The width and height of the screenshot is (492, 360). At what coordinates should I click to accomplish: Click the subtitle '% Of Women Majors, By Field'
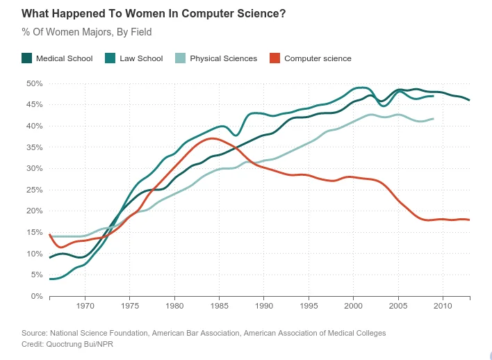click(x=86, y=32)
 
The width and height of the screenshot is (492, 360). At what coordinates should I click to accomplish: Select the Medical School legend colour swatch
click(x=27, y=58)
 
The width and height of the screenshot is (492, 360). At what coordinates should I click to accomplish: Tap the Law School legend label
click(x=142, y=58)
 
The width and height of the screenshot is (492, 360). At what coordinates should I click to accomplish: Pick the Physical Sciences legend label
click(x=223, y=58)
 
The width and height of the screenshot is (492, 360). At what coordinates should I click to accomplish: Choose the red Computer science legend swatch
click(x=275, y=58)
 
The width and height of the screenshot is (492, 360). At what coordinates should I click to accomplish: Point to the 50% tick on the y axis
click(x=34, y=83)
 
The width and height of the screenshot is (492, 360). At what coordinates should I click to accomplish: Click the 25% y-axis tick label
click(x=34, y=190)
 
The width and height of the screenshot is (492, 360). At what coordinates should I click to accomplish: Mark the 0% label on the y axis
click(x=37, y=296)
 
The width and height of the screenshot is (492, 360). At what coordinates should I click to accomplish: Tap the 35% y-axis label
click(x=34, y=147)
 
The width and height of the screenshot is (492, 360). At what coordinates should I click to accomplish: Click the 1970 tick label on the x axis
click(x=85, y=306)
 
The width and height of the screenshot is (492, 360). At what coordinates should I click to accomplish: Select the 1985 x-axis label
click(x=220, y=306)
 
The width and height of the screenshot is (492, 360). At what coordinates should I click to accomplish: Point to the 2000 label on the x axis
click(x=354, y=306)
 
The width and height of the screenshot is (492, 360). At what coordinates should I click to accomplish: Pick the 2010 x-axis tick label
click(x=443, y=306)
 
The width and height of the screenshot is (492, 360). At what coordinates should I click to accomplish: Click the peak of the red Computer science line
click(x=212, y=138)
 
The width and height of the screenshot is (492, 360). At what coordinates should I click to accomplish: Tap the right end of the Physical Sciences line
click(x=434, y=119)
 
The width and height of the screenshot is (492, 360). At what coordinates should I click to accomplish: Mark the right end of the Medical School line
click(x=469, y=100)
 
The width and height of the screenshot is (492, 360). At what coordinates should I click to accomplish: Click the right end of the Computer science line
click(x=469, y=220)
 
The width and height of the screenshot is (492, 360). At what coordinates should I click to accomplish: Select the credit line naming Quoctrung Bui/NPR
click(x=67, y=344)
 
